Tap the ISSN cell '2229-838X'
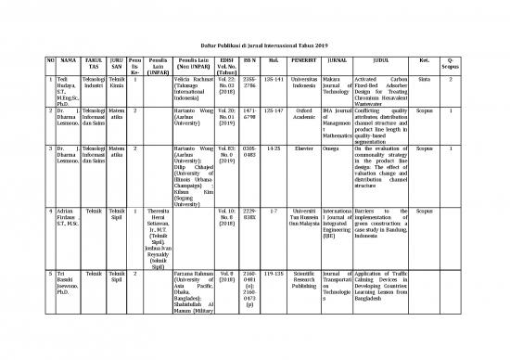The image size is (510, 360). point(249,218)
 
